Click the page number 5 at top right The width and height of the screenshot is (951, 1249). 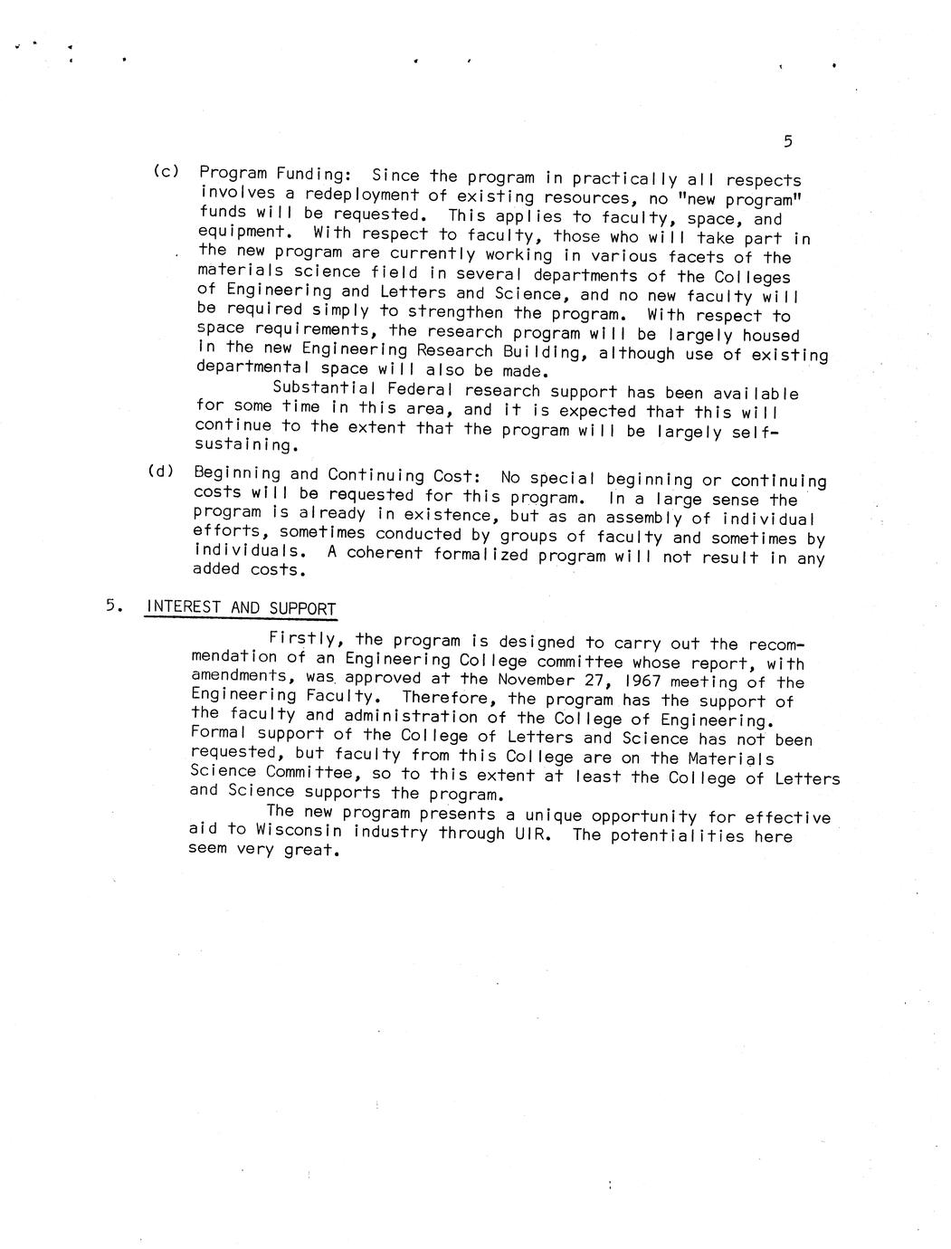click(787, 141)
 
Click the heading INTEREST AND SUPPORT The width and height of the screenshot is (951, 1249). click(241, 608)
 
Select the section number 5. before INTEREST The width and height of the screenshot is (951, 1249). click(112, 606)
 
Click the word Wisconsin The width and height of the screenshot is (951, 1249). click(299, 830)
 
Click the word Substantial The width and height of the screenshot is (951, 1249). click(317, 390)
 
